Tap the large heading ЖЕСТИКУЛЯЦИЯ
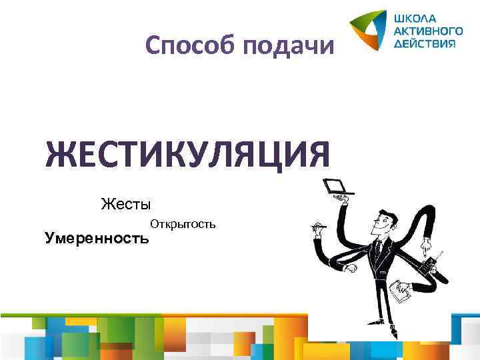(187, 155)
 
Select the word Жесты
(126, 203)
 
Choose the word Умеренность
(97, 237)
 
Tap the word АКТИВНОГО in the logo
(428, 30)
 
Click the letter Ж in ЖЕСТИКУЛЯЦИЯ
(61, 155)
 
